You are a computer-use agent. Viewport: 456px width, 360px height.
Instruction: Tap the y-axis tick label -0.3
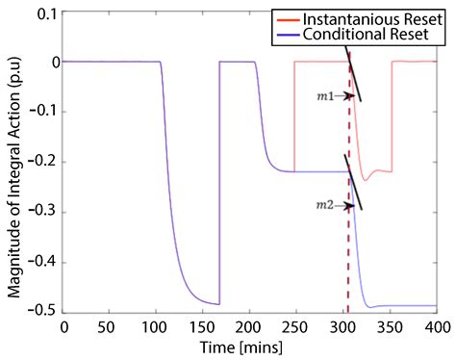tap(41, 212)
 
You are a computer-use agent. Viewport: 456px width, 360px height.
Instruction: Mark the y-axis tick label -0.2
tap(41, 162)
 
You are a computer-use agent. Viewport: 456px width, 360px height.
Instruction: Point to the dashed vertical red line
tap(348, 241)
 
